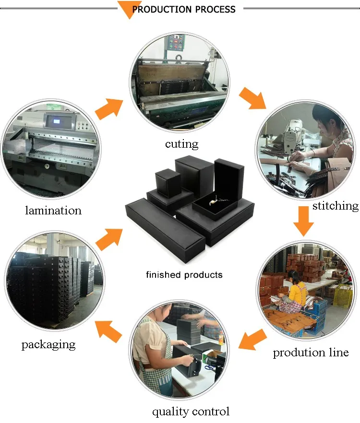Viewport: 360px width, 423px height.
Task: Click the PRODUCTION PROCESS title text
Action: click(184, 9)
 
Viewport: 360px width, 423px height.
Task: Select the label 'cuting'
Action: click(181, 144)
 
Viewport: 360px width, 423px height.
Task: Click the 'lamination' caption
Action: click(53, 211)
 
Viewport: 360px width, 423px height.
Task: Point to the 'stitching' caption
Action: click(335, 206)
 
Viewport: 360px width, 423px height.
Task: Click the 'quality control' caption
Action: click(191, 411)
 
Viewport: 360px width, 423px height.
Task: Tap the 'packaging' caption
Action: click(48, 344)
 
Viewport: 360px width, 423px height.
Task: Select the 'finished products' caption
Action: click(184, 275)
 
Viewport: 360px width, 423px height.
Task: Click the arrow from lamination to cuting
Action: click(108, 108)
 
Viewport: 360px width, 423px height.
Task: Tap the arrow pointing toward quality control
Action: click(252, 340)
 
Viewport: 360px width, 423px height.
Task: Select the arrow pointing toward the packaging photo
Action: click(108, 331)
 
